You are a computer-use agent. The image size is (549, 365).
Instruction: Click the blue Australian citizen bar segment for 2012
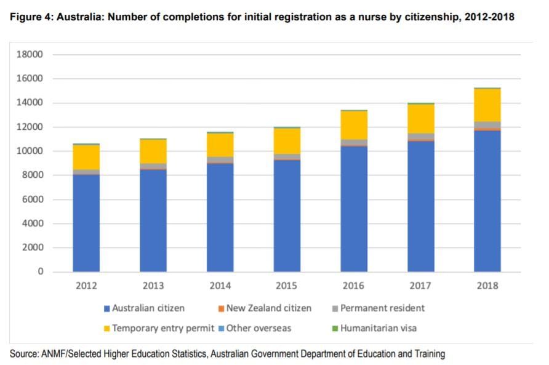86,223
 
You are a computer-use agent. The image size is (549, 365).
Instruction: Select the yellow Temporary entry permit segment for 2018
487,105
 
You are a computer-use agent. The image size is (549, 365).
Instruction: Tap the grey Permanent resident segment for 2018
487,125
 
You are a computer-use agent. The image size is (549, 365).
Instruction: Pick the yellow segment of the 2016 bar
354,125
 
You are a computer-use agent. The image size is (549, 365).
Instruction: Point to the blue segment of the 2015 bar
287,216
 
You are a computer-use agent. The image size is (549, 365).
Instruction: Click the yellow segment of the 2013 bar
153,151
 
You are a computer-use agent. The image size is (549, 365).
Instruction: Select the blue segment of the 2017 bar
420,206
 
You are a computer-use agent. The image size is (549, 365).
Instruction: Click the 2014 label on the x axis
220,286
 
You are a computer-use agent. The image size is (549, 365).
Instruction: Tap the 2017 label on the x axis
420,286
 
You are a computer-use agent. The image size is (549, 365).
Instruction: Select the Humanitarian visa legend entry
378,328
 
